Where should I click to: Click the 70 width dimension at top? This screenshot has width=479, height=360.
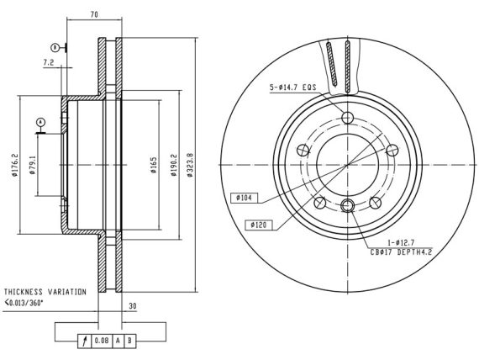(x=94, y=14)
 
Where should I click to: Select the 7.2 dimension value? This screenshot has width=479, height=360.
(x=49, y=63)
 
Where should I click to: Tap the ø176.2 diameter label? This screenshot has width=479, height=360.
(x=14, y=165)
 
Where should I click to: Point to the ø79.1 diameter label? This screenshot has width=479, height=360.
(x=33, y=165)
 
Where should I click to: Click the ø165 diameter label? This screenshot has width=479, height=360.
(x=154, y=165)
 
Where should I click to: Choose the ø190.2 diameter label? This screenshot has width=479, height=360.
(x=174, y=165)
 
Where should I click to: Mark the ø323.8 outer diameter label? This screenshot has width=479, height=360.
(x=190, y=165)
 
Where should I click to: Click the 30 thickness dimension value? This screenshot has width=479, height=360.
(x=133, y=306)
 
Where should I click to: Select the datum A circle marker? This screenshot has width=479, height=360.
(x=40, y=122)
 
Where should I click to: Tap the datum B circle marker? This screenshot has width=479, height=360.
(x=55, y=48)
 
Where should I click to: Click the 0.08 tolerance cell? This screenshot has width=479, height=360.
(x=102, y=341)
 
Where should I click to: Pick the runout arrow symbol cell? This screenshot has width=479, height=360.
(x=85, y=341)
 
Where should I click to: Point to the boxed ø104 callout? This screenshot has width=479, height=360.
(x=244, y=198)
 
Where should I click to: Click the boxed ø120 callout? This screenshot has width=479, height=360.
(x=259, y=225)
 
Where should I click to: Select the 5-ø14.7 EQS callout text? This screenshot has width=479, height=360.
(x=292, y=87)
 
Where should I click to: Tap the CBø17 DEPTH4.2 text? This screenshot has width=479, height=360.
(x=401, y=252)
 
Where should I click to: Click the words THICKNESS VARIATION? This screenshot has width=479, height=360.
(x=45, y=292)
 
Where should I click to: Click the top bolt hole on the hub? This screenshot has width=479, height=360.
(x=347, y=117)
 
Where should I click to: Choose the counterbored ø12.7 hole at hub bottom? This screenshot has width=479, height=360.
(x=347, y=205)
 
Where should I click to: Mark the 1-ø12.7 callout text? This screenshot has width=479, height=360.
(x=401, y=243)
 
